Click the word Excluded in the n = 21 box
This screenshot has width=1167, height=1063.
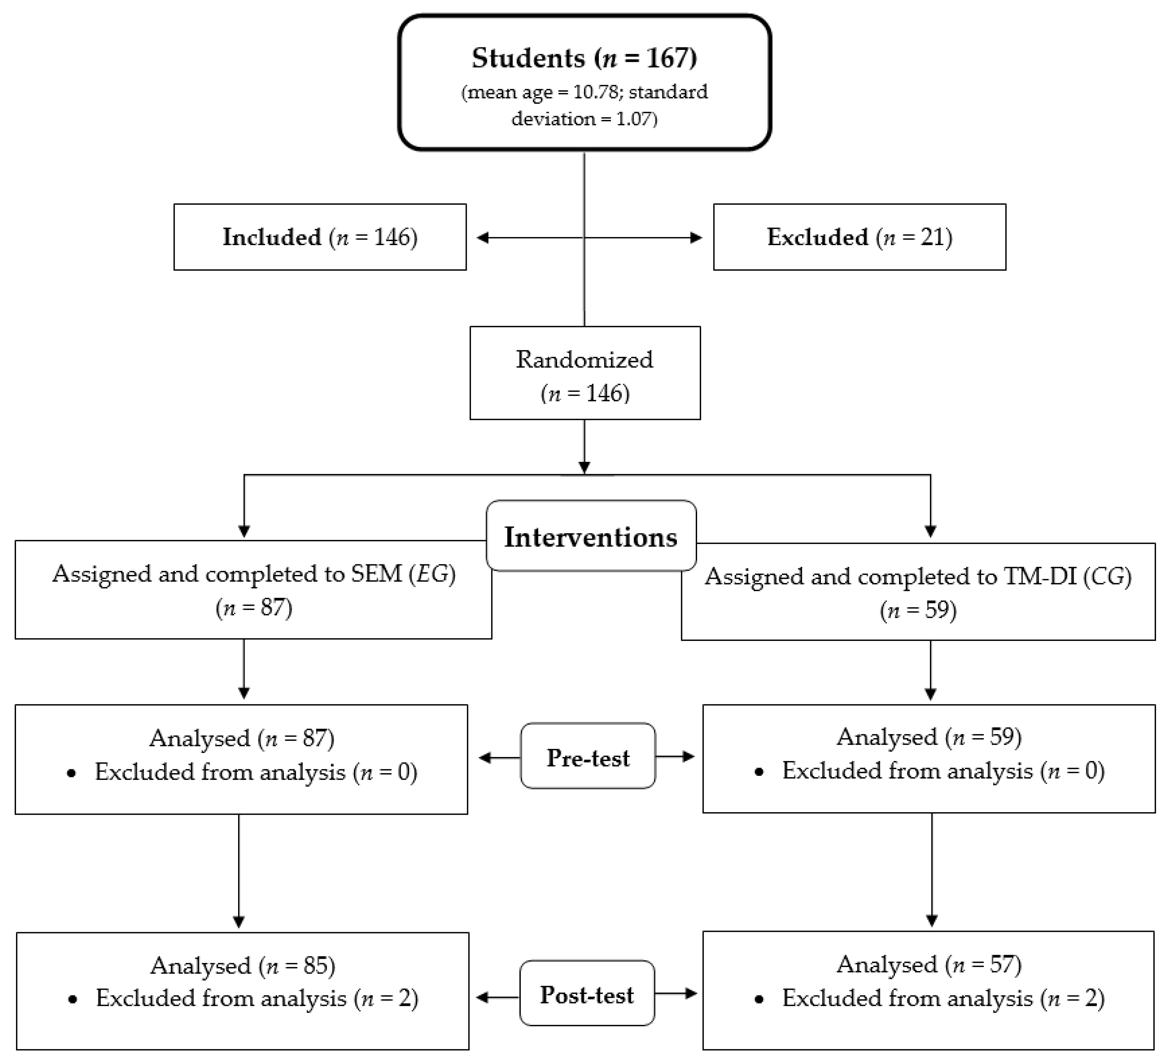click(817, 237)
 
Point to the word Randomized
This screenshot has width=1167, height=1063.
click(585, 360)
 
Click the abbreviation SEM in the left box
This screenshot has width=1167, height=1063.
click(376, 574)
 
